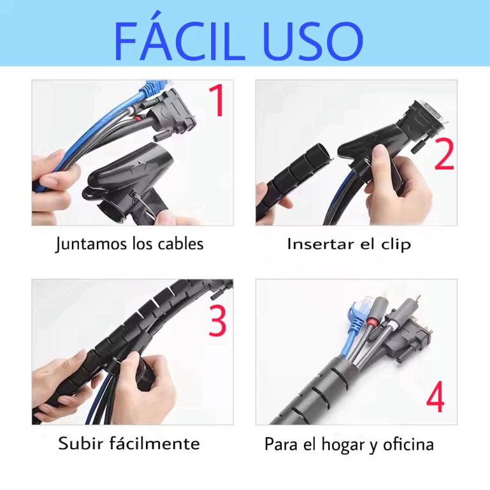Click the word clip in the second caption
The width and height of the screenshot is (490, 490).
(396, 244)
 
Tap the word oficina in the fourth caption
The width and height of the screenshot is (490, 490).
(408, 444)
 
